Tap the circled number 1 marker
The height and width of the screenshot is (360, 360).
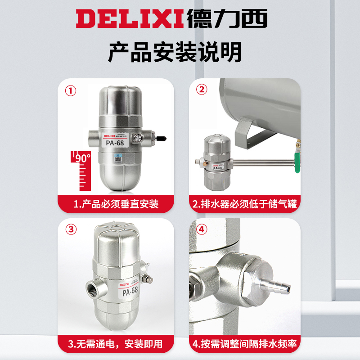click(x=71, y=90)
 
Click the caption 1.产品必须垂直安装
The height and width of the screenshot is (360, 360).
click(x=116, y=204)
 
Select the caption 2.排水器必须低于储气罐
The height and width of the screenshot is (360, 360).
click(x=245, y=204)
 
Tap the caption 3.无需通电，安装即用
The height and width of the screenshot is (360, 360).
click(x=116, y=344)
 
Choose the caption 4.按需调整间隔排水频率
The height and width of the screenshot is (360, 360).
click(x=245, y=344)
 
